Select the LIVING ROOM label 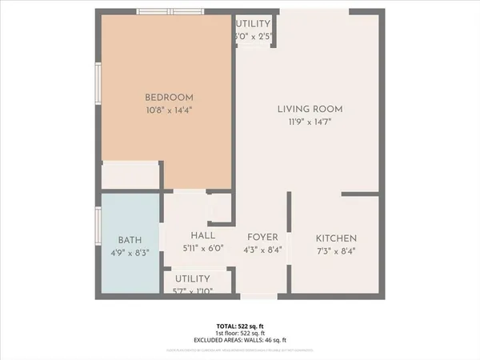[x=310, y=109]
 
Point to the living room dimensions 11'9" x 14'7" [x=310, y=122]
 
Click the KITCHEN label [x=336, y=239]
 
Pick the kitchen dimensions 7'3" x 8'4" [x=336, y=250]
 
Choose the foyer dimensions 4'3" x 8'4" [x=262, y=250]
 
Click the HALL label [x=202, y=236]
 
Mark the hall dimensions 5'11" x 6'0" [x=202, y=249]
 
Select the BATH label [x=130, y=240]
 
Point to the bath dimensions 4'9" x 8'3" [x=130, y=252]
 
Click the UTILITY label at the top [x=254, y=25]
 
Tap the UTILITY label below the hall [x=192, y=278]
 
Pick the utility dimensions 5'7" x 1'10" [x=192, y=290]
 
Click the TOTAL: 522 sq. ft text [x=240, y=326]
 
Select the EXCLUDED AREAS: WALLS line [x=240, y=341]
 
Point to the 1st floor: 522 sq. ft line [x=240, y=334]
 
